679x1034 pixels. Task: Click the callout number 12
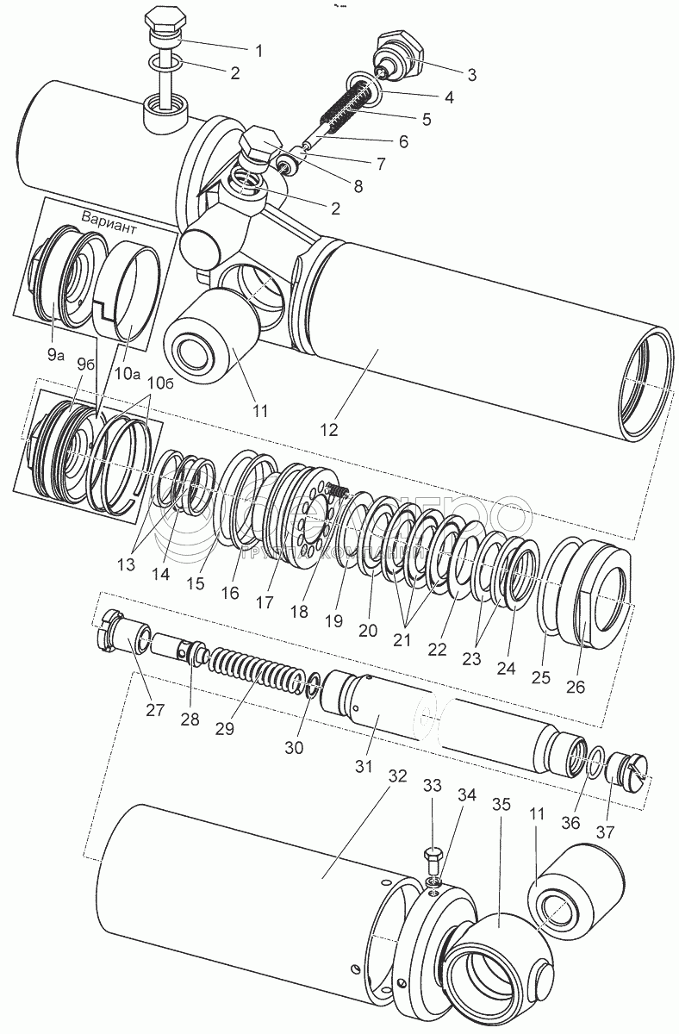(x=331, y=427)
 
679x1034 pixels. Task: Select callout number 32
(x=397, y=774)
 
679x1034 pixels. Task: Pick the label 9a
(x=55, y=352)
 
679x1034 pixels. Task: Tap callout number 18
(x=299, y=611)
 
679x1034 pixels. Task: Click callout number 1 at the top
(x=259, y=50)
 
